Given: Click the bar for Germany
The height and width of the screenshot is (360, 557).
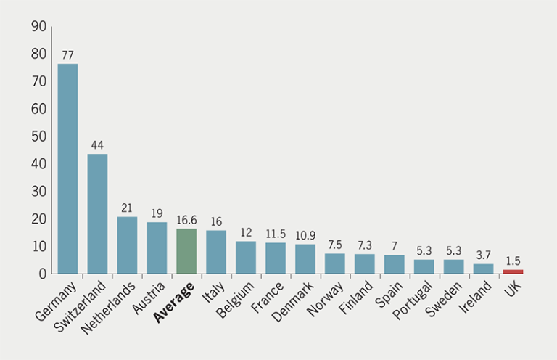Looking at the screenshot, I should (67, 168).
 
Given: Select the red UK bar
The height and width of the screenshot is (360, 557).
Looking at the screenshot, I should (513, 271).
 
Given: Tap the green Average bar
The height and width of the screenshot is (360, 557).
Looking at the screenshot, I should (186, 251).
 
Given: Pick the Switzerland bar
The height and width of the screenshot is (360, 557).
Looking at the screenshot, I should (97, 213).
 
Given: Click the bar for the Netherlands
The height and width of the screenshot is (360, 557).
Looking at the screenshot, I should (127, 245).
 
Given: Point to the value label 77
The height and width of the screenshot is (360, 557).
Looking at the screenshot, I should (68, 55).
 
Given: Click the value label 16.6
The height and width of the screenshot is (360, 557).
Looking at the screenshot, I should (187, 220).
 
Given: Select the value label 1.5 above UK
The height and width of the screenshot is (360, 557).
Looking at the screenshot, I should (513, 261).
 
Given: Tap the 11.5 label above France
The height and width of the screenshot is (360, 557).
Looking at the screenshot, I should (276, 234).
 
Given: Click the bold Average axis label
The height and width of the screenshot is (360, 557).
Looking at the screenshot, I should (174, 303).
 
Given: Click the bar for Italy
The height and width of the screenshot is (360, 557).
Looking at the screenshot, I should (216, 252).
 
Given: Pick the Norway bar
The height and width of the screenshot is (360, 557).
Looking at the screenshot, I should (335, 263).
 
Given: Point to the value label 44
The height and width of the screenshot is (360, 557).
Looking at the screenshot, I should (97, 145).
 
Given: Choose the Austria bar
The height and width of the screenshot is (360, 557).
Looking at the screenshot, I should (157, 247).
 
